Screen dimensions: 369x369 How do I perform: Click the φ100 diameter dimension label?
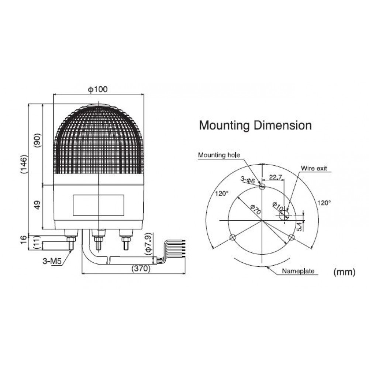(98, 89)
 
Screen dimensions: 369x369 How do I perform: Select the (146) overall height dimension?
(24, 164)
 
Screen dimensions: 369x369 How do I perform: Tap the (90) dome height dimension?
(37, 141)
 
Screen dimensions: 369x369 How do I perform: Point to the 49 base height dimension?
(37, 205)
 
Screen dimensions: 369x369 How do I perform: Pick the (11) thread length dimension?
(37, 242)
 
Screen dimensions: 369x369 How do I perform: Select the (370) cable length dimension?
(141, 268)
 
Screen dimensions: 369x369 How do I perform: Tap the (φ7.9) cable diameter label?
(148, 244)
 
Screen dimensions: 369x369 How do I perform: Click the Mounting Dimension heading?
(255, 125)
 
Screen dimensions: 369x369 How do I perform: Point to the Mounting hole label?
(219, 155)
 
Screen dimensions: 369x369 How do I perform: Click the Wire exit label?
(314, 168)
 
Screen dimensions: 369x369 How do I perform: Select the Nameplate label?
(298, 271)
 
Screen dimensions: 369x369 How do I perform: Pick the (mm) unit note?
(344, 272)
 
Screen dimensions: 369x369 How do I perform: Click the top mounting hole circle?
(262, 187)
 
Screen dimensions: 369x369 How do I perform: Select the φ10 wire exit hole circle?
(284, 215)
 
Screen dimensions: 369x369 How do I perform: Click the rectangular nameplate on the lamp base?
(99, 205)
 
